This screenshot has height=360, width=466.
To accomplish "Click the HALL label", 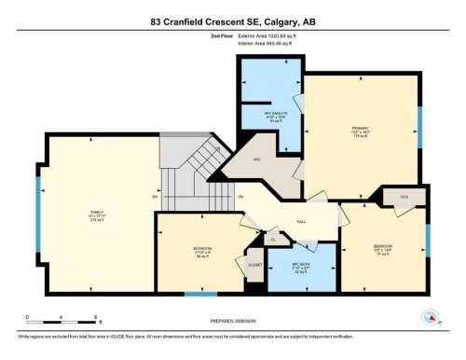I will coord(302,221).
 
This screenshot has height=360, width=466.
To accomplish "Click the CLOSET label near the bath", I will coord(254,265).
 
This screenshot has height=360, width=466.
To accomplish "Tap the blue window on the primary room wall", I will coord(418,121).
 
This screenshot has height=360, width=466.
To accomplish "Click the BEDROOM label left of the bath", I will coord(202,250).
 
